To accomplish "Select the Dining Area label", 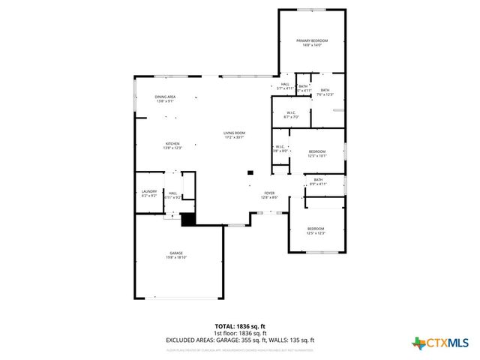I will pyautogui.click(x=165, y=98).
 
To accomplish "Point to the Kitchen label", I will pyautogui.click(x=172, y=145).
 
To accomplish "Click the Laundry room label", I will pyautogui.click(x=149, y=193).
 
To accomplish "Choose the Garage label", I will pyautogui.click(x=175, y=255).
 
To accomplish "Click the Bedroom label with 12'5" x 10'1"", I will pyautogui.click(x=316, y=154).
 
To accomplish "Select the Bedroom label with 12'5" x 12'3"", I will pyautogui.click(x=315, y=230).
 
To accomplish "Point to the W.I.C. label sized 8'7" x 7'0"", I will pyautogui.click(x=291, y=115).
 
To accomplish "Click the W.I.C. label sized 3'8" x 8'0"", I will pyautogui.click(x=279, y=148).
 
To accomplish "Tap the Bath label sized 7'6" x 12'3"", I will pyautogui.click(x=324, y=92).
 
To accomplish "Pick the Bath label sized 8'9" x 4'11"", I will pyautogui.click(x=318, y=181).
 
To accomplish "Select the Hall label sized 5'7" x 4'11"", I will pyautogui.click(x=285, y=86).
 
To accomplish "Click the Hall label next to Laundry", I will pyautogui.click(x=172, y=195).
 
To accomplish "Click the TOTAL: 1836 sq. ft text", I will pyautogui.click(x=239, y=326).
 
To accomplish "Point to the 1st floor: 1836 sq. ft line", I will pyautogui.click(x=239, y=333).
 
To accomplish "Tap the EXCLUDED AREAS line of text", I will pyautogui.click(x=239, y=340).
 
